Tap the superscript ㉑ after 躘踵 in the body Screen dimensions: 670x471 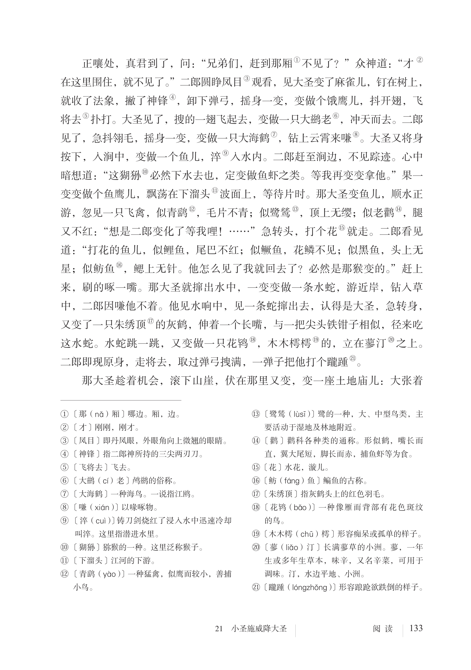[x=353, y=359]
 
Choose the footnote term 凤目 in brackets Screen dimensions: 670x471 [x=87, y=441]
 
